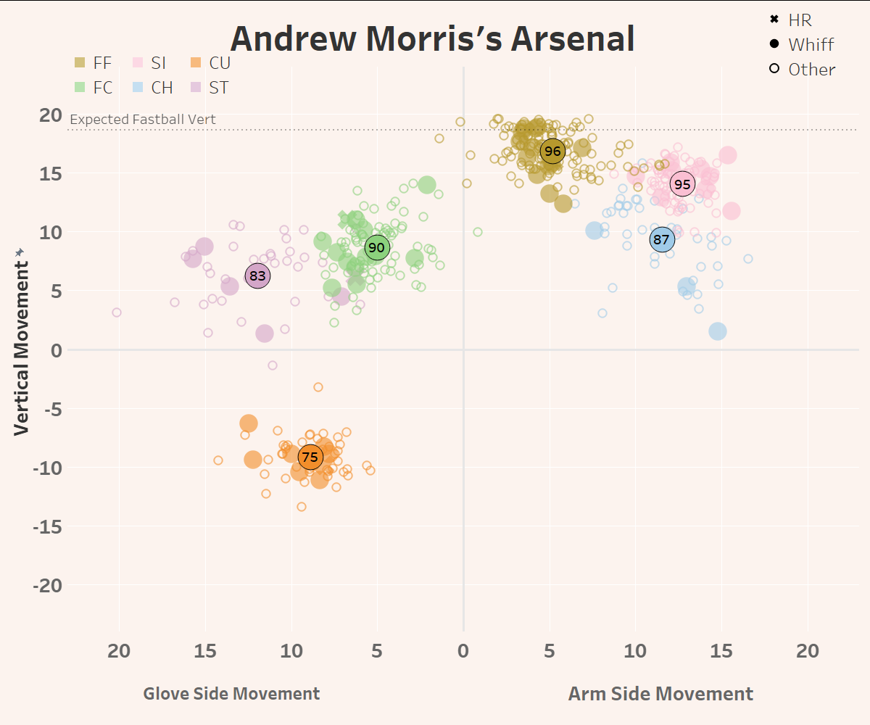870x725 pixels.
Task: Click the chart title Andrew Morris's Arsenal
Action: (x=432, y=39)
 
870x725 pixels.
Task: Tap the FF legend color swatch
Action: (x=80, y=63)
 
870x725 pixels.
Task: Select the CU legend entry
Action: (x=210, y=63)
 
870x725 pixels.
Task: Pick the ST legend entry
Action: (x=210, y=88)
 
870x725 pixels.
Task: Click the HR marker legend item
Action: (x=792, y=20)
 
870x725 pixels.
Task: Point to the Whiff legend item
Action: (x=802, y=44)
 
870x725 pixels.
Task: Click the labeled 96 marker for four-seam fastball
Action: (x=552, y=151)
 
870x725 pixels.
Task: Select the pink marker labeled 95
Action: (x=682, y=184)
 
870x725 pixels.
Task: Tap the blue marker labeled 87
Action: (x=661, y=239)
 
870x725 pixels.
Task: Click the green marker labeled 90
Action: (x=376, y=247)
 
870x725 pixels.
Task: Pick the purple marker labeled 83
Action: (x=257, y=275)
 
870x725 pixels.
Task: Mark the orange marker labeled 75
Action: (x=310, y=457)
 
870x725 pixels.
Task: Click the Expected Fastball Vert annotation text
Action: (x=143, y=120)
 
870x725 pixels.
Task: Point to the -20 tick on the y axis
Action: (x=49, y=585)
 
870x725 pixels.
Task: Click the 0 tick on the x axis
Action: (x=463, y=650)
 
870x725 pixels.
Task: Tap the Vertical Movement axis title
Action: (x=21, y=340)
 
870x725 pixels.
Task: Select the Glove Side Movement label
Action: (x=231, y=694)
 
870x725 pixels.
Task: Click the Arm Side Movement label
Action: (x=660, y=694)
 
